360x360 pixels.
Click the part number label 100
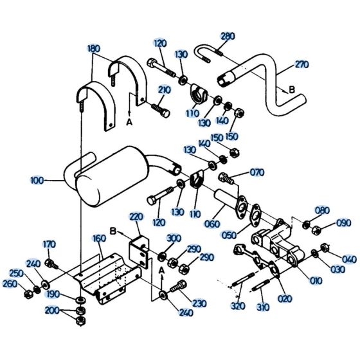tap(37, 181)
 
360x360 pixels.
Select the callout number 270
tap(302, 64)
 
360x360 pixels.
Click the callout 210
tap(164, 90)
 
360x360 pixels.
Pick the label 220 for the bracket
tap(136, 216)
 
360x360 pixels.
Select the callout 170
tap(50, 244)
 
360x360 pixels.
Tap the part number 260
tap(10, 283)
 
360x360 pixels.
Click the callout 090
tap(343, 224)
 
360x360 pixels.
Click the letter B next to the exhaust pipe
tap(291, 91)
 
